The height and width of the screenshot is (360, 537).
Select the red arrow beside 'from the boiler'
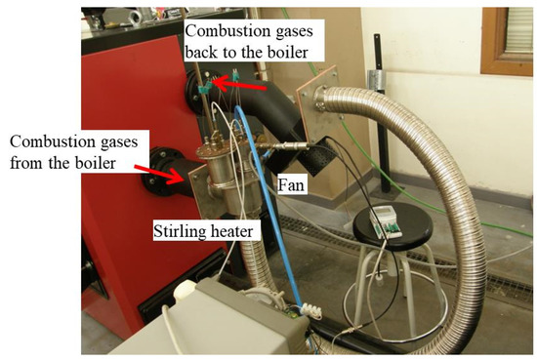point(156,172)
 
